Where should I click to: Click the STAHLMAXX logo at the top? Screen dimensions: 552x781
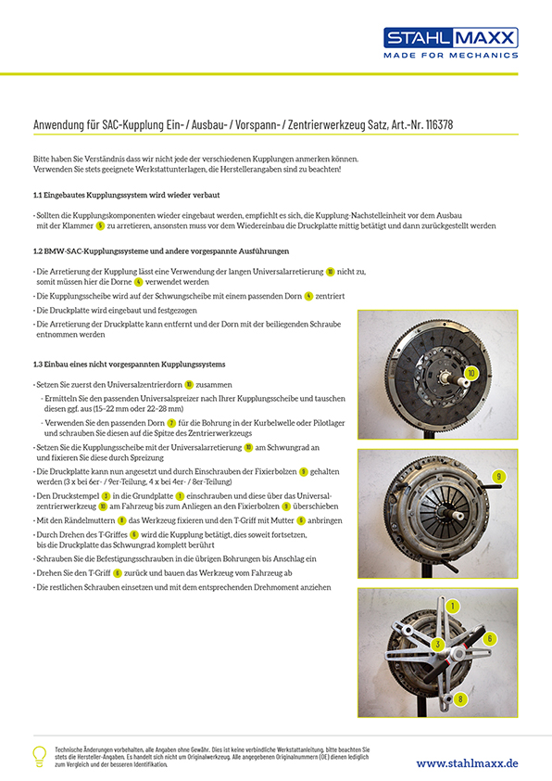(x=450, y=38)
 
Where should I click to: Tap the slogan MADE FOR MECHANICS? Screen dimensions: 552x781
(x=450, y=56)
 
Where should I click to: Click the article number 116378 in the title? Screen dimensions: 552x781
(x=439, y=124)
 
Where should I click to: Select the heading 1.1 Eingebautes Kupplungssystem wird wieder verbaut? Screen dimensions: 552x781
(x=126, y=195)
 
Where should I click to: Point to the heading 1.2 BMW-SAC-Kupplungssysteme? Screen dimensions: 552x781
(x=161, y=251)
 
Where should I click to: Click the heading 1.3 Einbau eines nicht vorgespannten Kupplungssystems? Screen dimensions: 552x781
(x=130, y=365)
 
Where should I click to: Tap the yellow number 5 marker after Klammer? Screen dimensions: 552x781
(x=100, y=225)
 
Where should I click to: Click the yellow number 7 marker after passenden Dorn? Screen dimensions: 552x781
(x=171, y=423)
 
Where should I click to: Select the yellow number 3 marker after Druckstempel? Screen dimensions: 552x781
(x=106, y=496)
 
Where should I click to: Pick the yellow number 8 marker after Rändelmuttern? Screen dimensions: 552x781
(x=122, y=520)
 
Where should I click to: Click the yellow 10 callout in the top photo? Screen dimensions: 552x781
(x=470, y=373)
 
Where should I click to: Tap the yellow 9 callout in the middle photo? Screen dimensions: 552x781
(x=499, y=477)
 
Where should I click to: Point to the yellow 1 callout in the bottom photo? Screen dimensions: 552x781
(x=452, y=607)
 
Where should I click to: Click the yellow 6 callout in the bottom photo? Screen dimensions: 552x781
(x=489, y=638)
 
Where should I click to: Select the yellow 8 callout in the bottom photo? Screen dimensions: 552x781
(x=460, y=698)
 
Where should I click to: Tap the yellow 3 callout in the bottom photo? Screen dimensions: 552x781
(x=438, y=645)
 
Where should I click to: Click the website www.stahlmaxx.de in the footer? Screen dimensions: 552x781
(x=467, y=763)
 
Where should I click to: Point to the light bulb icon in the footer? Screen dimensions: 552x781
(x=39, y=756)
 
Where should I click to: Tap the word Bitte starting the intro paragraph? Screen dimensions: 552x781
(x=42, y=159)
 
